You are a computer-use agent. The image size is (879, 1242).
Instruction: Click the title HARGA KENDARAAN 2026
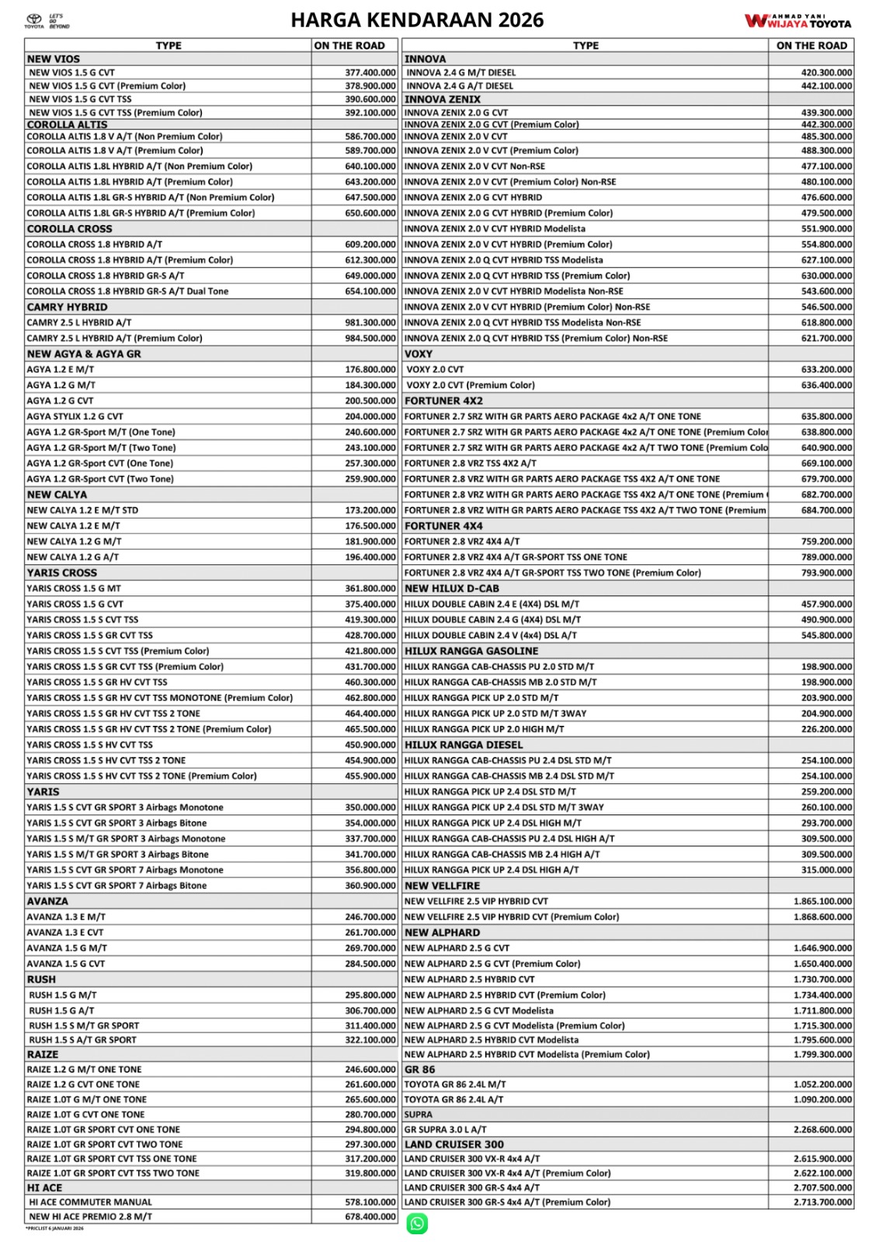pos(417,20)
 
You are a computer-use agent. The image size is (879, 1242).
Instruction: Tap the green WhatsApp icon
pos(417,1224)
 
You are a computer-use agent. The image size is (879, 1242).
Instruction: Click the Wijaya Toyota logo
pos(797,21)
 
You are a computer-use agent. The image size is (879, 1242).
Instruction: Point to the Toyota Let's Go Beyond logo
pos(47,22)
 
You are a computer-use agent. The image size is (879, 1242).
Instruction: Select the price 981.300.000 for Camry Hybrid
pos(370,323)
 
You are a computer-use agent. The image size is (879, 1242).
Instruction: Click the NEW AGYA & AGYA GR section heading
pos(84,354)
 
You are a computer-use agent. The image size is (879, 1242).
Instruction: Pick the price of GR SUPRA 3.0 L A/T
pos(822,1129)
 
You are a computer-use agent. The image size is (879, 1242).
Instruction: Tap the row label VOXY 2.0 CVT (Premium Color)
pos(471,385)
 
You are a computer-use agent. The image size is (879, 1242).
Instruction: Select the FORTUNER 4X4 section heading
pos(443,526)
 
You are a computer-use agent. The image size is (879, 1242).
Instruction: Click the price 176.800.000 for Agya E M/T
pos(370,369)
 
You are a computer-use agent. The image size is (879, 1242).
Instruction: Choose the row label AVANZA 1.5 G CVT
pos(66,963)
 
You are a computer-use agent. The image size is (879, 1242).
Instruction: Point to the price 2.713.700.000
pos(822,1202)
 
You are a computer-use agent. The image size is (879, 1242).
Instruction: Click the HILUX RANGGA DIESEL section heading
pos(464,744)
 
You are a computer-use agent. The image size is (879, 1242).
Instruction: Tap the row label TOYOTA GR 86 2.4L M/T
pos(455,1084)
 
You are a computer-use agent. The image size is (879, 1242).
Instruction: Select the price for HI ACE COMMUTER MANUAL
pos(370,1202)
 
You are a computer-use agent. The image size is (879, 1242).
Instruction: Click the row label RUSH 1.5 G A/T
pos(61,1011)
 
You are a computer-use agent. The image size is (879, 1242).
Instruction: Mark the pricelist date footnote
pos(54,1229)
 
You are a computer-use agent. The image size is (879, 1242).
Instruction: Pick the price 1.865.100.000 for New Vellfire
pos(822,901)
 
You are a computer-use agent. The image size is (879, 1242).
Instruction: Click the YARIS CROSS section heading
pos(62,573)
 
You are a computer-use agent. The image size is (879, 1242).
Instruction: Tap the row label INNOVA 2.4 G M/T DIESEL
pos(461,73)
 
